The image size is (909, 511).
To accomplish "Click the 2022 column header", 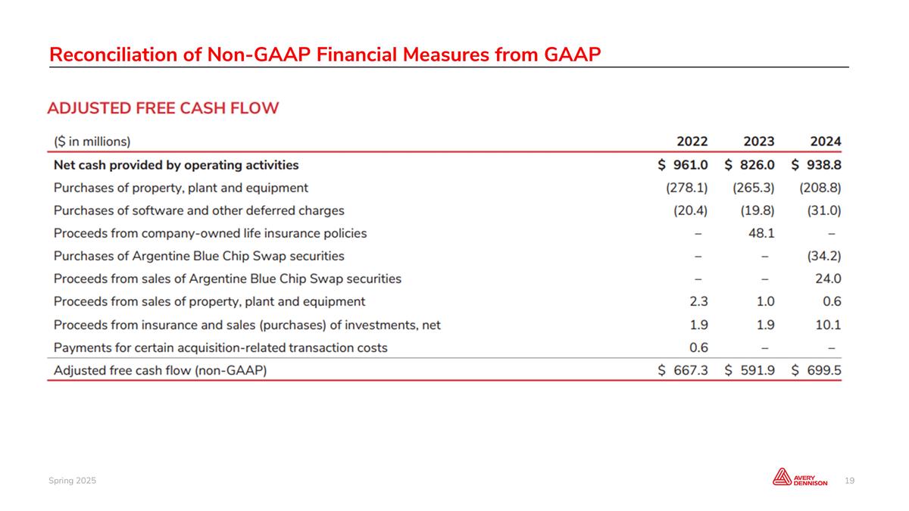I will pos(692,142).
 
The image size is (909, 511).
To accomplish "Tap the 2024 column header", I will pos(825,142).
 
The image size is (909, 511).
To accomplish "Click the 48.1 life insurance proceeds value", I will pos(760,233).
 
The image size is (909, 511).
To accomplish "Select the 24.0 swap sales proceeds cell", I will pos(826,279).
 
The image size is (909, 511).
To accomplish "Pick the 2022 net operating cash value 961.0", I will pos(691,164).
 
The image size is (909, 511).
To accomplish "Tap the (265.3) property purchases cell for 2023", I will pos(754,187).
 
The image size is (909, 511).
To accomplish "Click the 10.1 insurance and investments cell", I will pos(827,325).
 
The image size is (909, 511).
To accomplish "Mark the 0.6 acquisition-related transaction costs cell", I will pos(698,347).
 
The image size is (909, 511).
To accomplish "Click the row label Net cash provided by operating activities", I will pos(176,164).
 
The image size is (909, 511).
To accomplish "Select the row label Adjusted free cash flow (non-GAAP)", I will pos(160,371).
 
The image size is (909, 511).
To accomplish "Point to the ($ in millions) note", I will pos(92,142).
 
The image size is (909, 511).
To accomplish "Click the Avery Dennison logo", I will pos(799,478).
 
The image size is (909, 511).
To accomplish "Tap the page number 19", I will pos(849,481).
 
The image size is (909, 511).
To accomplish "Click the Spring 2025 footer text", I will pos(73,481).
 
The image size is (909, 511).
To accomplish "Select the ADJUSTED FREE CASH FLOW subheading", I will pos(163,108).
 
